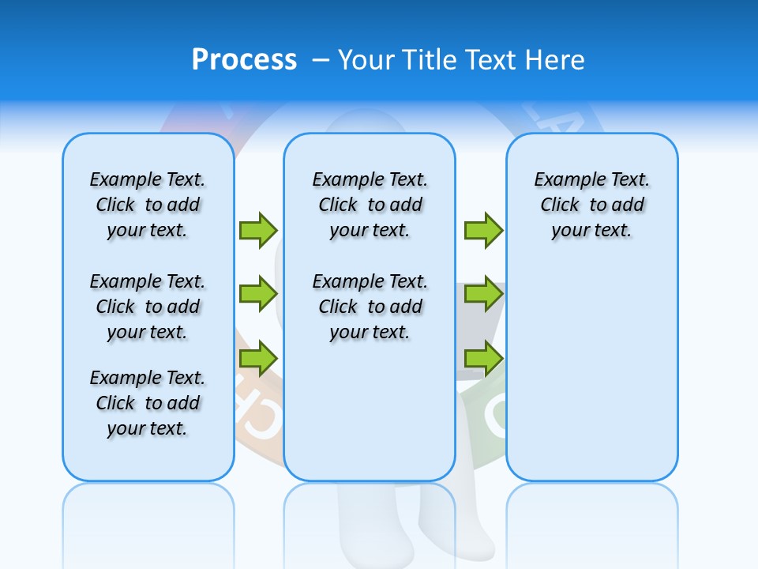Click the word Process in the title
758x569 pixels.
(x=244, y=60)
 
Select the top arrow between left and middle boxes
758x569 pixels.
(x=258, y=230)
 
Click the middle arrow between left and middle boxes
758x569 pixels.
(x=258, y=294)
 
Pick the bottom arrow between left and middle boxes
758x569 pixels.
(x=258, y=359)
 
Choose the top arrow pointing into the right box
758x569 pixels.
(x=483, y=230)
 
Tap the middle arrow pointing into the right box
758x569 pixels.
(x=483, y=294)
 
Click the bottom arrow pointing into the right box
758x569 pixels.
(x=483, y=359)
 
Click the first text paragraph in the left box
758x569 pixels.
(x=148, y=205)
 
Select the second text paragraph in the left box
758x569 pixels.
(x=148, y=307)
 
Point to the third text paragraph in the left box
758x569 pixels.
(x=148, y=403)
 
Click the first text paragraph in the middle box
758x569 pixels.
(x=370, y=205)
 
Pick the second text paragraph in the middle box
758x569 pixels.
(x=370, y=307)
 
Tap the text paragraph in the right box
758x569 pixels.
(x=591, y=205)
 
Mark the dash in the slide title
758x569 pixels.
(x=321, y=60)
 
